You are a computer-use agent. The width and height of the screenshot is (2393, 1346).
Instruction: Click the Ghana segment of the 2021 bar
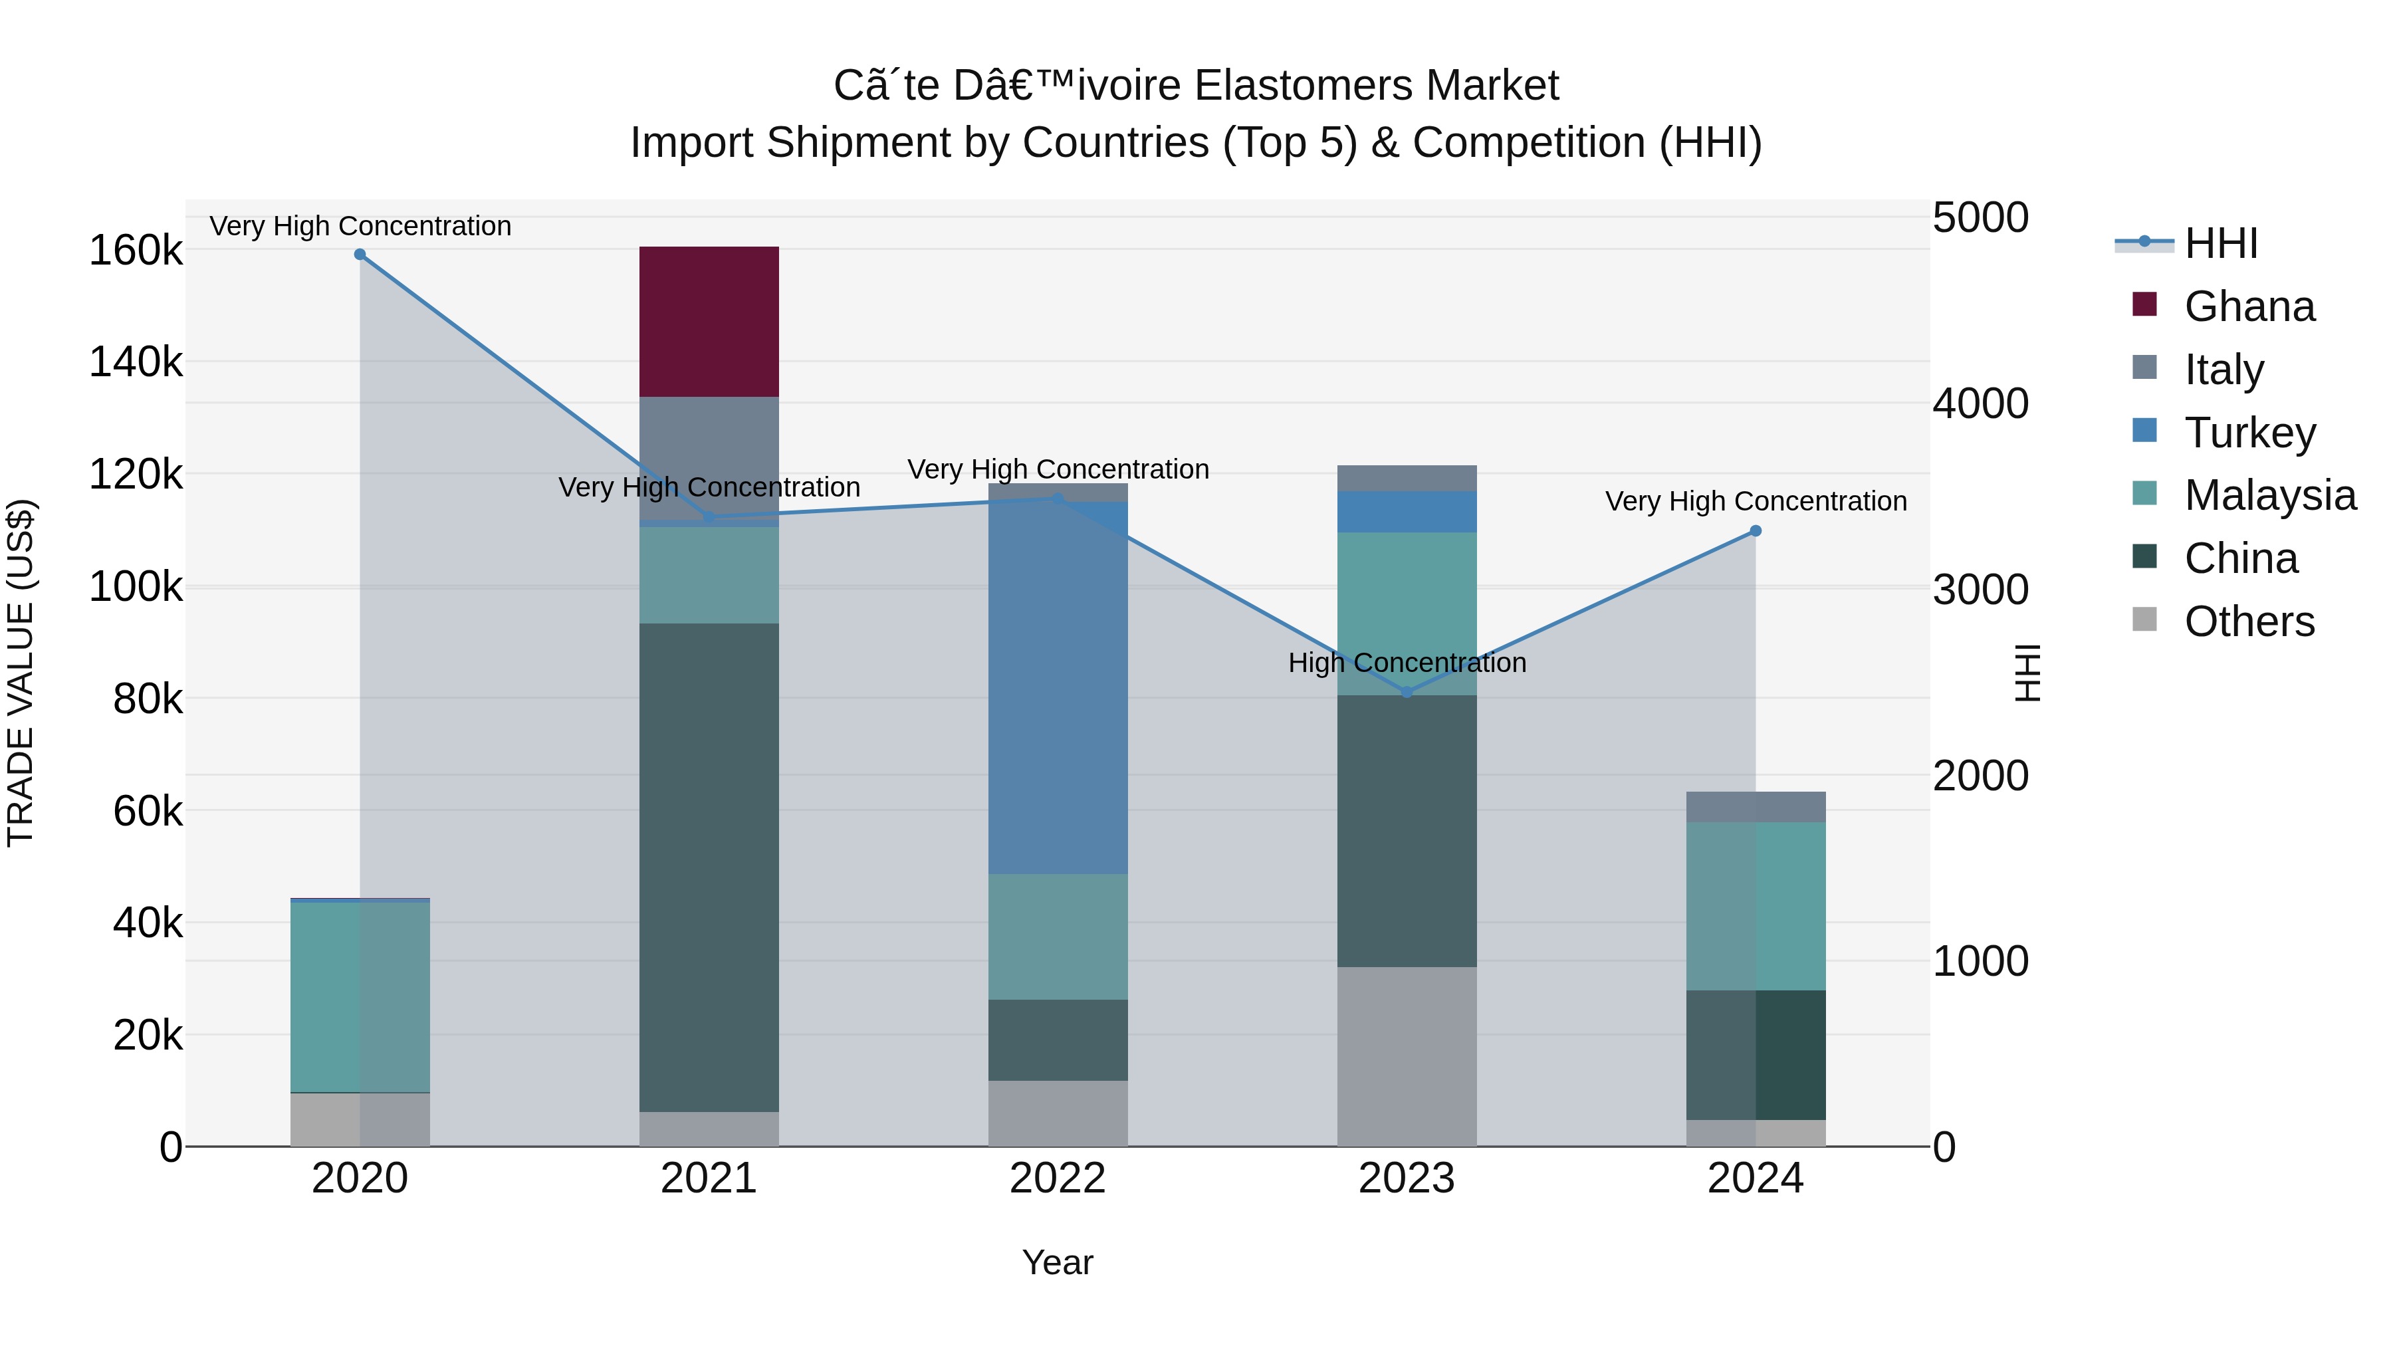pos(709,322)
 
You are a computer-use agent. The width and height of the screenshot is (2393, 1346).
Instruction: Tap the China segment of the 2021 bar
pos(709,867)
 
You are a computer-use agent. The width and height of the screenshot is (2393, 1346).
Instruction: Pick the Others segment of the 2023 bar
pos(1407,1056)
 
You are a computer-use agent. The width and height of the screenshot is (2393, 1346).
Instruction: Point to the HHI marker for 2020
pos(360,255)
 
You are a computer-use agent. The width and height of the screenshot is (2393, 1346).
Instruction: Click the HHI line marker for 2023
pos(1407,692)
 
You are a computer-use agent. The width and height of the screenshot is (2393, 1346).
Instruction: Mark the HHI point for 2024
pos(1756,531)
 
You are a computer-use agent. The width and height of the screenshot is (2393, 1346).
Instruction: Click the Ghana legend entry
pos(2248,306)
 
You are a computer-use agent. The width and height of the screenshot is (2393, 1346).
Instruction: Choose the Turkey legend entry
pos(2248,433)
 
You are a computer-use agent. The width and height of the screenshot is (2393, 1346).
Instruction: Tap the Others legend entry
pos(2248,621)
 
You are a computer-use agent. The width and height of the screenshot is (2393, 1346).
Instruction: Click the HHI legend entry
pos(2220,243)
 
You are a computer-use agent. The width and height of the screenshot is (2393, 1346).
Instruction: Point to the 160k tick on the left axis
pos(136,251)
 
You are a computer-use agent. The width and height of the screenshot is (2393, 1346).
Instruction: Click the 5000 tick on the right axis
pos(1981,218)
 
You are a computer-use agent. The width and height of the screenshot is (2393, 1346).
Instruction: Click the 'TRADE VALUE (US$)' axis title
pos(21,673)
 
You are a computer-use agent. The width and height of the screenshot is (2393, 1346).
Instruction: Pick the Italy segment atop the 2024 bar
pos(1756,806)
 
